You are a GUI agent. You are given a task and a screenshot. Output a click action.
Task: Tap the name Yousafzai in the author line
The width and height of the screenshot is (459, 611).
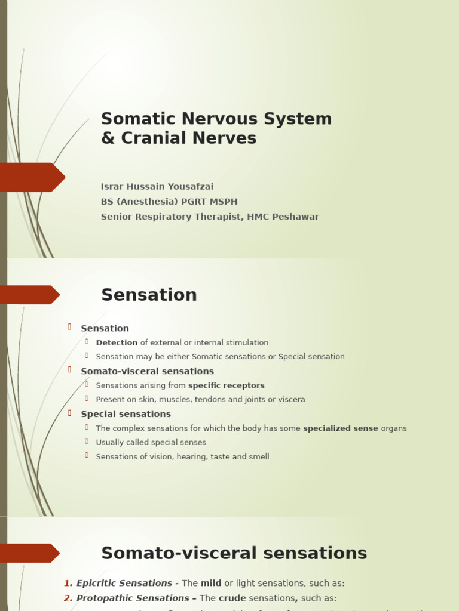(x=187, y=187)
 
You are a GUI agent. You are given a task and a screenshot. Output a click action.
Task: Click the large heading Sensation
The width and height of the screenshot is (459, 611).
(x=149, y=295)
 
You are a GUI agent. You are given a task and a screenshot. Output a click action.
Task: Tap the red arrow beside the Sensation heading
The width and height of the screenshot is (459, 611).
(x=29, y=295)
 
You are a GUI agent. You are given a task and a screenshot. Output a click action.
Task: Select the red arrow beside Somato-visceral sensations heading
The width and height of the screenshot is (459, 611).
(x=29, y=553)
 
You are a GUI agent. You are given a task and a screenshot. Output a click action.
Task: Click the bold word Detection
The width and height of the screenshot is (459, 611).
(x=117, y=343)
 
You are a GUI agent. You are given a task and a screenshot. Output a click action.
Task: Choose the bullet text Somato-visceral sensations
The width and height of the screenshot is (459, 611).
(x=147, y=371)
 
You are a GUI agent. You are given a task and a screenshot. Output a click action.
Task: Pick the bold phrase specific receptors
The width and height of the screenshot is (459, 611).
(x=226, y=386)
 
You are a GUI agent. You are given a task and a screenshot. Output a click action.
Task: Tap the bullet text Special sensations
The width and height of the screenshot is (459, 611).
(x=126, y=414)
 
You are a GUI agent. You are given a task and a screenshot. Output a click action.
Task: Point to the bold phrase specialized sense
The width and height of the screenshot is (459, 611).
(x=340, y=428)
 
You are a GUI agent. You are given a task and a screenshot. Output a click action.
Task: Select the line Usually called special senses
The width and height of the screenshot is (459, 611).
(x=151, y=443)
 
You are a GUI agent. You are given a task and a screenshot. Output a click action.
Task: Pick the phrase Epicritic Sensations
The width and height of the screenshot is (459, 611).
(x=124, y=584)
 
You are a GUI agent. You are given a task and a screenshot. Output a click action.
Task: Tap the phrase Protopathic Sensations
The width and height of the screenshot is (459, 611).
(x=133, y=598)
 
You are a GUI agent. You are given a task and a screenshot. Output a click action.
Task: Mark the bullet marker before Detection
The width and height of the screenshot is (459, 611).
(x=87, y=342)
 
